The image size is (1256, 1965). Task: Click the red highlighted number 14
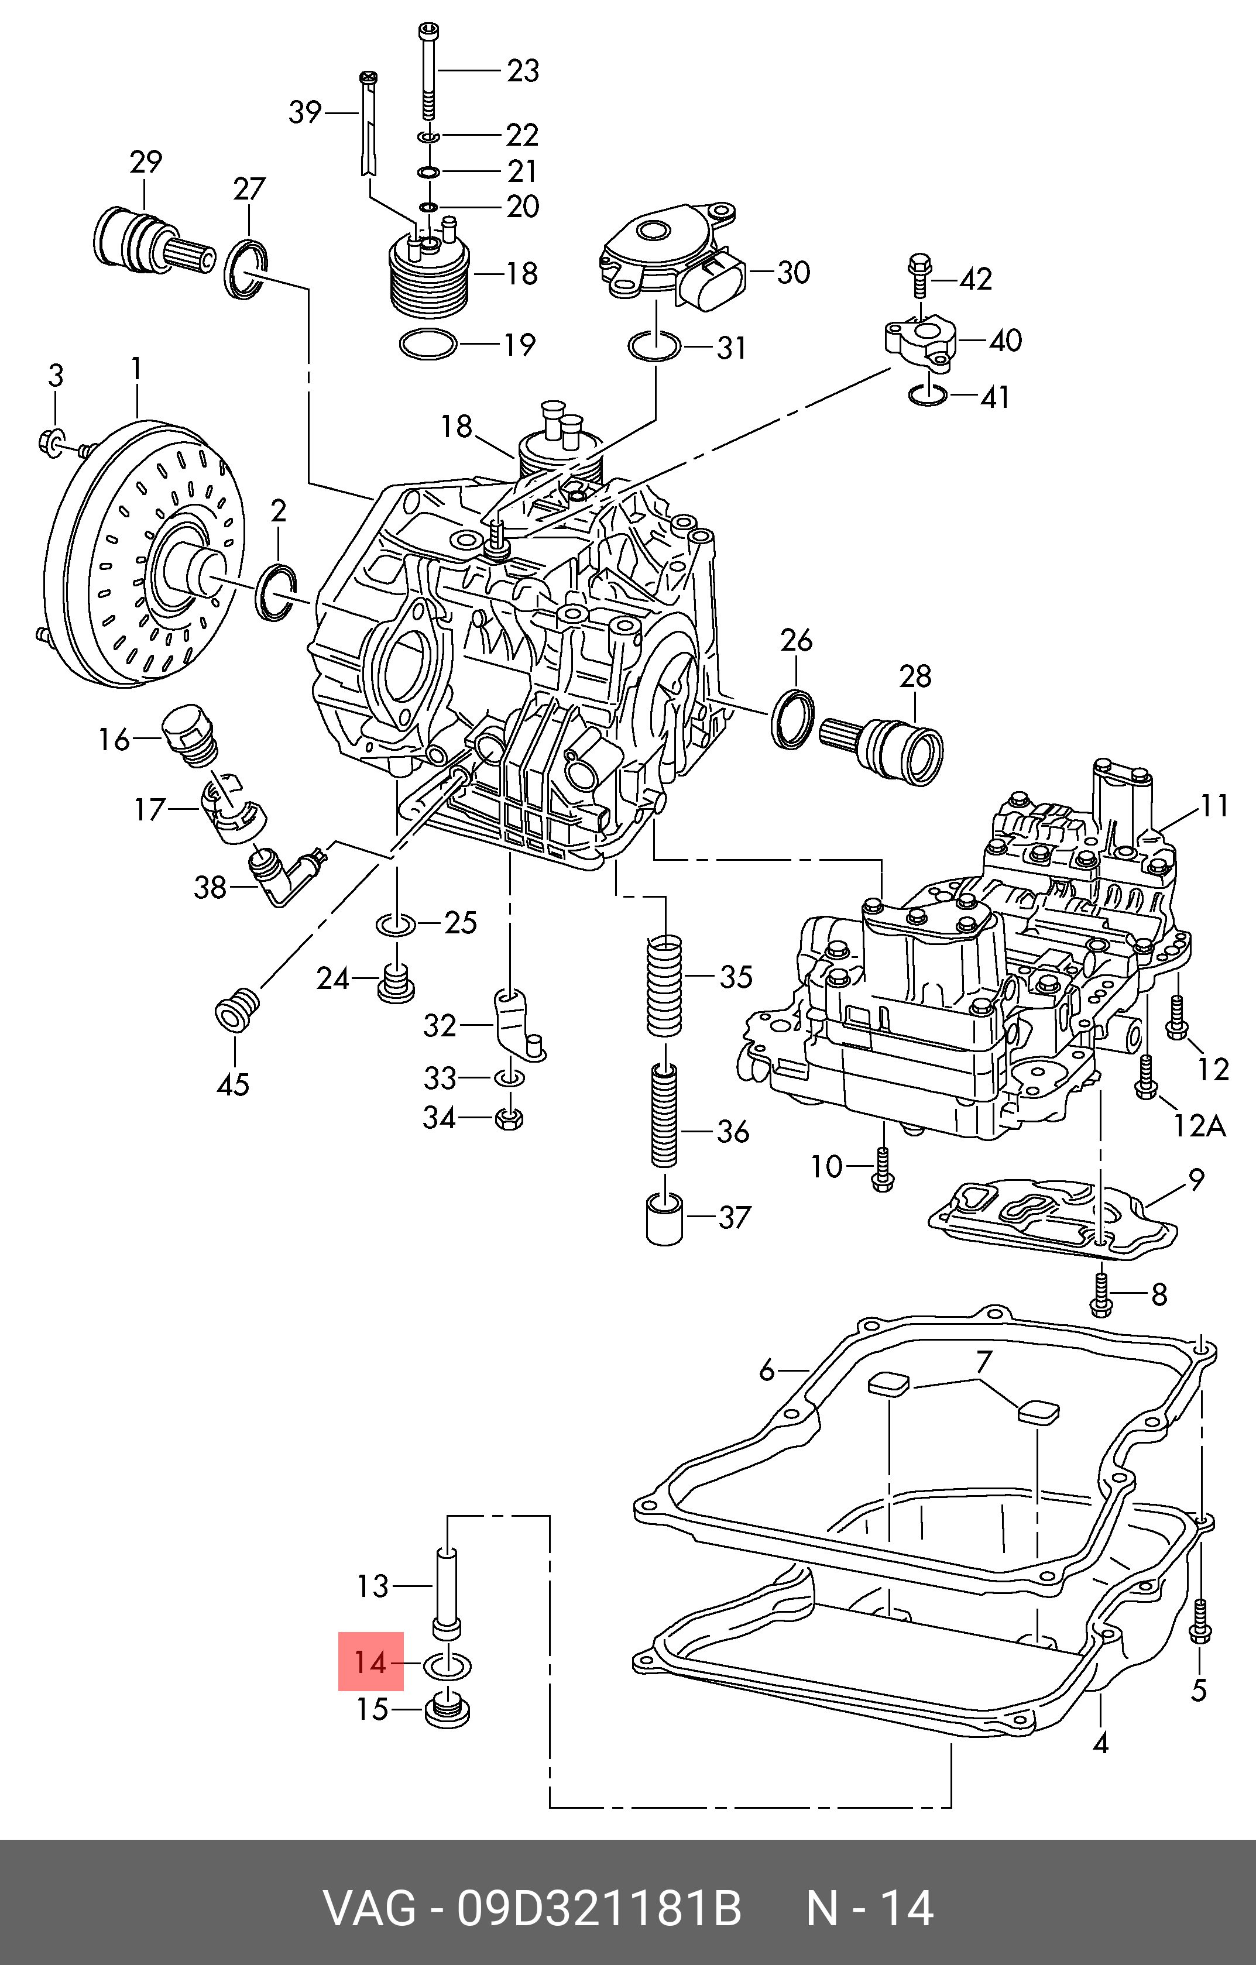(370, 1661)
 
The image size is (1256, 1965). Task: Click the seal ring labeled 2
(277, 592)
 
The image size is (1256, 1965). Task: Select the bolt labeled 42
(920, 277)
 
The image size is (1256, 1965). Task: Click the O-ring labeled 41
(928, 395)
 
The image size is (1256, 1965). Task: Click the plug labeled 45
(236, 1011)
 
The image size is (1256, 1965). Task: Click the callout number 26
(796, 641)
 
